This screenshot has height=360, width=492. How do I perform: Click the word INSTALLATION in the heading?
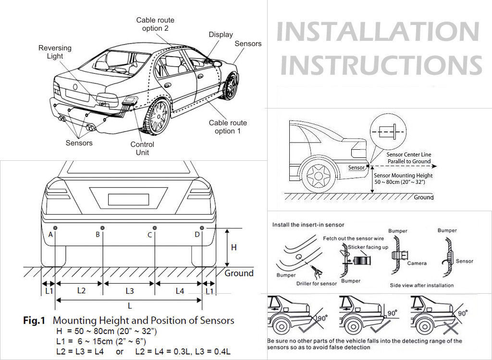point(378,32)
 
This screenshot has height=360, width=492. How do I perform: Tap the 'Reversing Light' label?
point(55,52)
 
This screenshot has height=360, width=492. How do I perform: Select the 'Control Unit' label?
point(142,148)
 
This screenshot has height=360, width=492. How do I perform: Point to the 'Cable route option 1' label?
point(227,127)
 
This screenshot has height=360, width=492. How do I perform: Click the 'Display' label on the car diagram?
point(221,35)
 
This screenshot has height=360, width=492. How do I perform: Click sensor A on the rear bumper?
point(56,227)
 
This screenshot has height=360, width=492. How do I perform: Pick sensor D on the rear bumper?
point(202,227)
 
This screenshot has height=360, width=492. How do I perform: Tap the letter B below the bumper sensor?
point(98,235)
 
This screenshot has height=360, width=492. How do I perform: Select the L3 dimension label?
point(130,291)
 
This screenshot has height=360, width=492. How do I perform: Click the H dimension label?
point(234,248)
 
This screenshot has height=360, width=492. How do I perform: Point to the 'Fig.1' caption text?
point(34,321)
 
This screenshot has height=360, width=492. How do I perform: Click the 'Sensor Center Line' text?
point(409,155)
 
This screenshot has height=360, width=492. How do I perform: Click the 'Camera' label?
point(417,264)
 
